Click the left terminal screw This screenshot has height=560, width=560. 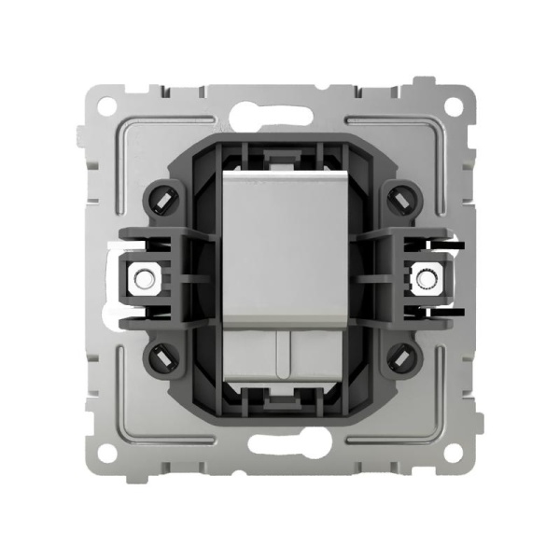pos(143,277)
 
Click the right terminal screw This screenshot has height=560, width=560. pos(428,277)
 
